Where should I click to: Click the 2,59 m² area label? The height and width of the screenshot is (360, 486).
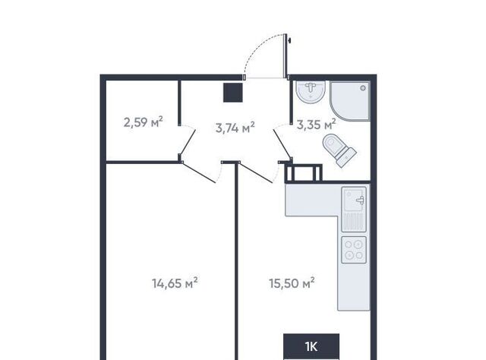[144, 122]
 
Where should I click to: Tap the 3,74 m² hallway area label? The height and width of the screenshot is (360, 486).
[235, 127]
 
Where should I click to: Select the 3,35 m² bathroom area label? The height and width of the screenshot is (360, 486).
[317, 125]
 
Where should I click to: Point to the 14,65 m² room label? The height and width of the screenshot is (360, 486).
[175, 283]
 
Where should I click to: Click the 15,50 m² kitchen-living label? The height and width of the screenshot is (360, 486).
[292, 283]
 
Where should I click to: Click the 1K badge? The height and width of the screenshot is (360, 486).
[311, 346]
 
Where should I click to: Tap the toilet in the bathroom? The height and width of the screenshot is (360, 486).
[339, 150]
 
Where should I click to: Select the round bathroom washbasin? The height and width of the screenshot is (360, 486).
[311, 92]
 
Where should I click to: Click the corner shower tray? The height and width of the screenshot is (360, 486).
[350, 101]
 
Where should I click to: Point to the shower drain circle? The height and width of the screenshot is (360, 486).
[363, 88]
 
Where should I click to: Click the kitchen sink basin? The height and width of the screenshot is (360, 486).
[354, 200]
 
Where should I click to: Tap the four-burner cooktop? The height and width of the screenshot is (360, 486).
[354, 250]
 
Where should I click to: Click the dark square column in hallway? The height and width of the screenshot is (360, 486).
[233, 93]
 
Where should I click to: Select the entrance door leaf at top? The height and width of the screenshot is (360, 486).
[286, 55]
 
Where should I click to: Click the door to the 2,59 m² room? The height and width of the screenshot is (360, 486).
[188, 142]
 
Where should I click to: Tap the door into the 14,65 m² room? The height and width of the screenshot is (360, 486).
[198, 172]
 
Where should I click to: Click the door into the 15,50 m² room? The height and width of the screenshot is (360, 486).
[257, 172]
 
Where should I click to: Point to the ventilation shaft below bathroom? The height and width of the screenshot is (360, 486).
[304, 172]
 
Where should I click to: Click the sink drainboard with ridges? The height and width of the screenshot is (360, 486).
[354, 221]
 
